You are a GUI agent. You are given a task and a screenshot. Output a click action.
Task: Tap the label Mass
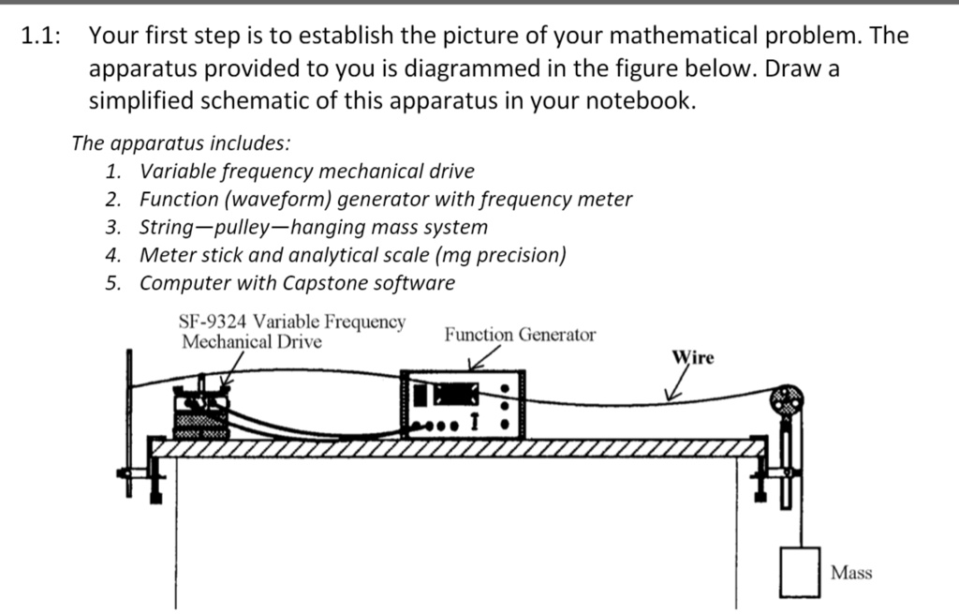coord(851,573)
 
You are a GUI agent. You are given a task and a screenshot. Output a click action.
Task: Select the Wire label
coord(693,358)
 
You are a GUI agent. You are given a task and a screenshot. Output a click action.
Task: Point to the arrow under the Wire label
coord(675,385)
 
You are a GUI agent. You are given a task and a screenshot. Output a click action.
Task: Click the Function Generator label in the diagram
coord(520,335)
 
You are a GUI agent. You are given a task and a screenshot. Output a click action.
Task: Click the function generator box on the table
coord(463,404)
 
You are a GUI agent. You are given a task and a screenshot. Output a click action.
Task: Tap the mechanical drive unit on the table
coord(202,412)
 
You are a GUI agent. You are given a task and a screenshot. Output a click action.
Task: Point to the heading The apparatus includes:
coord(181,143)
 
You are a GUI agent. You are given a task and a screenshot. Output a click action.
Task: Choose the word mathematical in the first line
coord(673,37)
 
